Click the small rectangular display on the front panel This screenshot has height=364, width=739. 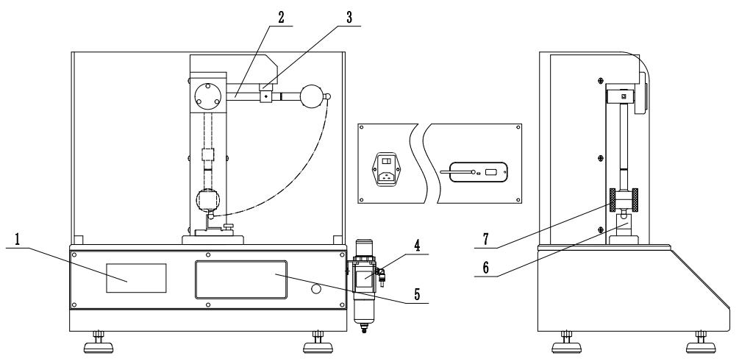point(136,277)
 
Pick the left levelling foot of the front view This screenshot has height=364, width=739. point(97,341)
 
